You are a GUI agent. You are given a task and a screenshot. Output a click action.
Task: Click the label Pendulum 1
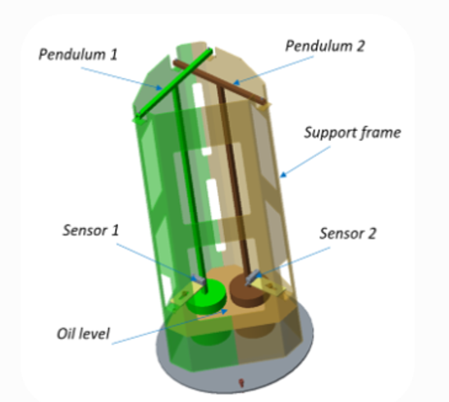78,54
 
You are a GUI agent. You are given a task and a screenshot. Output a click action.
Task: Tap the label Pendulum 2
325,46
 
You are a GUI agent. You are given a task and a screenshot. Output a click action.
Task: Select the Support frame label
352,132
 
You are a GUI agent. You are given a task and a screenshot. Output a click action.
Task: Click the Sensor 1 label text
90,230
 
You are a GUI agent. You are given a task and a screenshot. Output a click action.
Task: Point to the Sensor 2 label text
348,233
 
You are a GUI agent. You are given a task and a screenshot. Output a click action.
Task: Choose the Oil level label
83,334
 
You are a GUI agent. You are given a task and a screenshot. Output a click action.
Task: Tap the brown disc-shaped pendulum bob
249,290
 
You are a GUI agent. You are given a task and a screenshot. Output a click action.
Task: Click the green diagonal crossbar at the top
175,84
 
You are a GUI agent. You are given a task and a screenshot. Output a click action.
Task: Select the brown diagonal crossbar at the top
218,82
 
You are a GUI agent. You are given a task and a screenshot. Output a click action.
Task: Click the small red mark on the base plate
241,382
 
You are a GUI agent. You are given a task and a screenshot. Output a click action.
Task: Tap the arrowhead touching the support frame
283,175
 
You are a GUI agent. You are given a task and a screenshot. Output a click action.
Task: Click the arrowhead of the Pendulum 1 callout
158,87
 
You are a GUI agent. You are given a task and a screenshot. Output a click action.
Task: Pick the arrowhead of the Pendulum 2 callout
236,82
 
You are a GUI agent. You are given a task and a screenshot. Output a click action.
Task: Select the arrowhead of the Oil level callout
224,311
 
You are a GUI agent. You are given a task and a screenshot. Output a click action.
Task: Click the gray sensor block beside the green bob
198,279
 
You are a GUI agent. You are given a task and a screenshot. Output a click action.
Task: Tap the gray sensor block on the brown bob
252,276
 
